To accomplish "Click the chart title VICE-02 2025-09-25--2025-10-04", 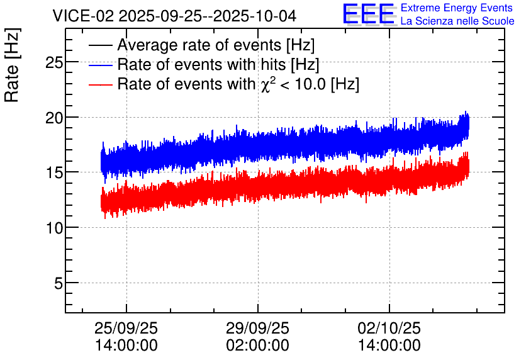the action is pyautogui.click(x=174, y=16).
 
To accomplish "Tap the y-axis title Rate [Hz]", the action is pyautogui.click(x=12, y=65).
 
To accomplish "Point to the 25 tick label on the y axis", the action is pyautogui.click(x=54, y=62).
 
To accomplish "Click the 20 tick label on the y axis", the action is pyautogui.click(x=54, y=118).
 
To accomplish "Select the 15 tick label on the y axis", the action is pyautogui.click(x=54, y=172).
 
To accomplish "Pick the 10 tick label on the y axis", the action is pyautogui.click(x=54, y=228).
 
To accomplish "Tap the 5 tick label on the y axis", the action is pyautogui.click(x=59, y=283).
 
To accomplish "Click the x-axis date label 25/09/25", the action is pyautogui.click(x=126, y=328).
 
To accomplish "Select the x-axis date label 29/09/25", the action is pyautogui.click(x=257, y=328).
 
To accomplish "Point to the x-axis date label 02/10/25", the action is pyautogui.click(x=389, y=328).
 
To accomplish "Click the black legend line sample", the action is pyautogui.click(x=100, y=45).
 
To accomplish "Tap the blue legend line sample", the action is pyautogui.click(x=100, y=65).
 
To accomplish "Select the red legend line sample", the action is pyautogui.click(x=100, y=84).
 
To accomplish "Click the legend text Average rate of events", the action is pyautogui.click(x=199, y=45).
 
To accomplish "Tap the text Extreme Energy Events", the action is pyautogui.click(x=457, y=8).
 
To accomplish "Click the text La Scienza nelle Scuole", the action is pyautogui.click(x=457, y=21).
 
